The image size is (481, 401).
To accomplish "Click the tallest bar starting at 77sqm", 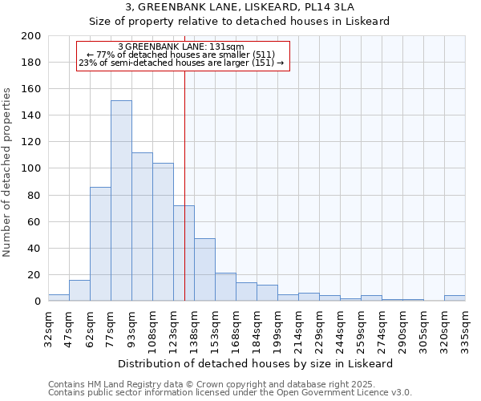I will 121,200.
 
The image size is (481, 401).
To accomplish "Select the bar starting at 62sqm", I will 100,244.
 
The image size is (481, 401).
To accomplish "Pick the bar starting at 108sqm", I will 163,232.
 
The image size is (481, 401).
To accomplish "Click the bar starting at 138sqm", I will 204,269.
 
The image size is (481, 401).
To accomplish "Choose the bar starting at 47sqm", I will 79,290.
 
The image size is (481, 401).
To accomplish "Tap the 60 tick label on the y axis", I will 34,221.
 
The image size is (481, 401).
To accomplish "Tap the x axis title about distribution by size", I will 255,363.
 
